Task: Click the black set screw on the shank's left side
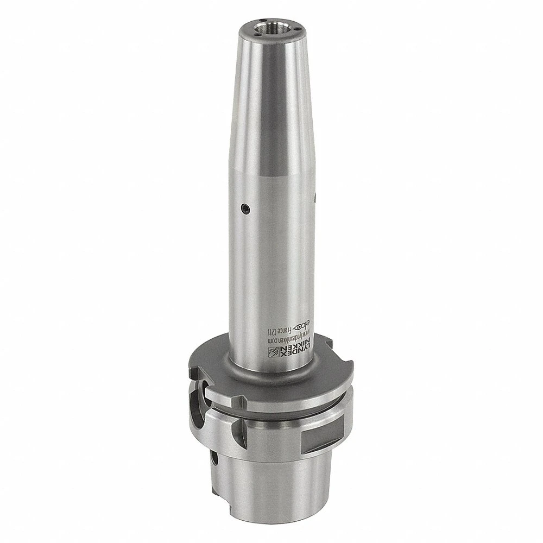245,207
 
